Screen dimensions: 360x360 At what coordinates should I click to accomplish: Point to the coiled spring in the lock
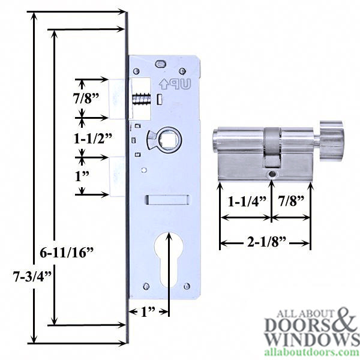tap(142, 98)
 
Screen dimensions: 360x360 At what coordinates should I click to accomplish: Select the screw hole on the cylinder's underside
tap(272, 174)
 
